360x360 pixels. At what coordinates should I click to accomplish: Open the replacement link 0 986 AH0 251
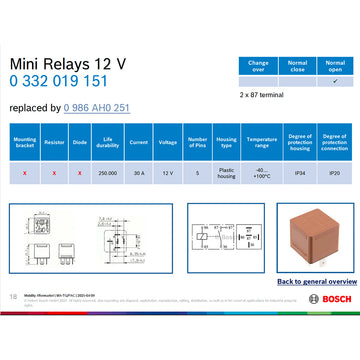tap(96, 107)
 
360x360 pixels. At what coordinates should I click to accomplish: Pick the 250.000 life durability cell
tap(109, 172)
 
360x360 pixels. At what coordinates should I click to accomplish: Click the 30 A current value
tap(139, 172)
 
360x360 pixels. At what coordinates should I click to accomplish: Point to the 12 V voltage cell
tap(168, 172)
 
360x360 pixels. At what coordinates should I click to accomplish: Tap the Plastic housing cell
tap(226, 172)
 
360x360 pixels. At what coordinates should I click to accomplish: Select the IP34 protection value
tap(297, 172)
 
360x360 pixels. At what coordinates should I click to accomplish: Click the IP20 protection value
tap(334, 172)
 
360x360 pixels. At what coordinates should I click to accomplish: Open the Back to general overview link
tap(302, 282)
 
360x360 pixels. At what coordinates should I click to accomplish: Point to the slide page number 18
tap(12, 296)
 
